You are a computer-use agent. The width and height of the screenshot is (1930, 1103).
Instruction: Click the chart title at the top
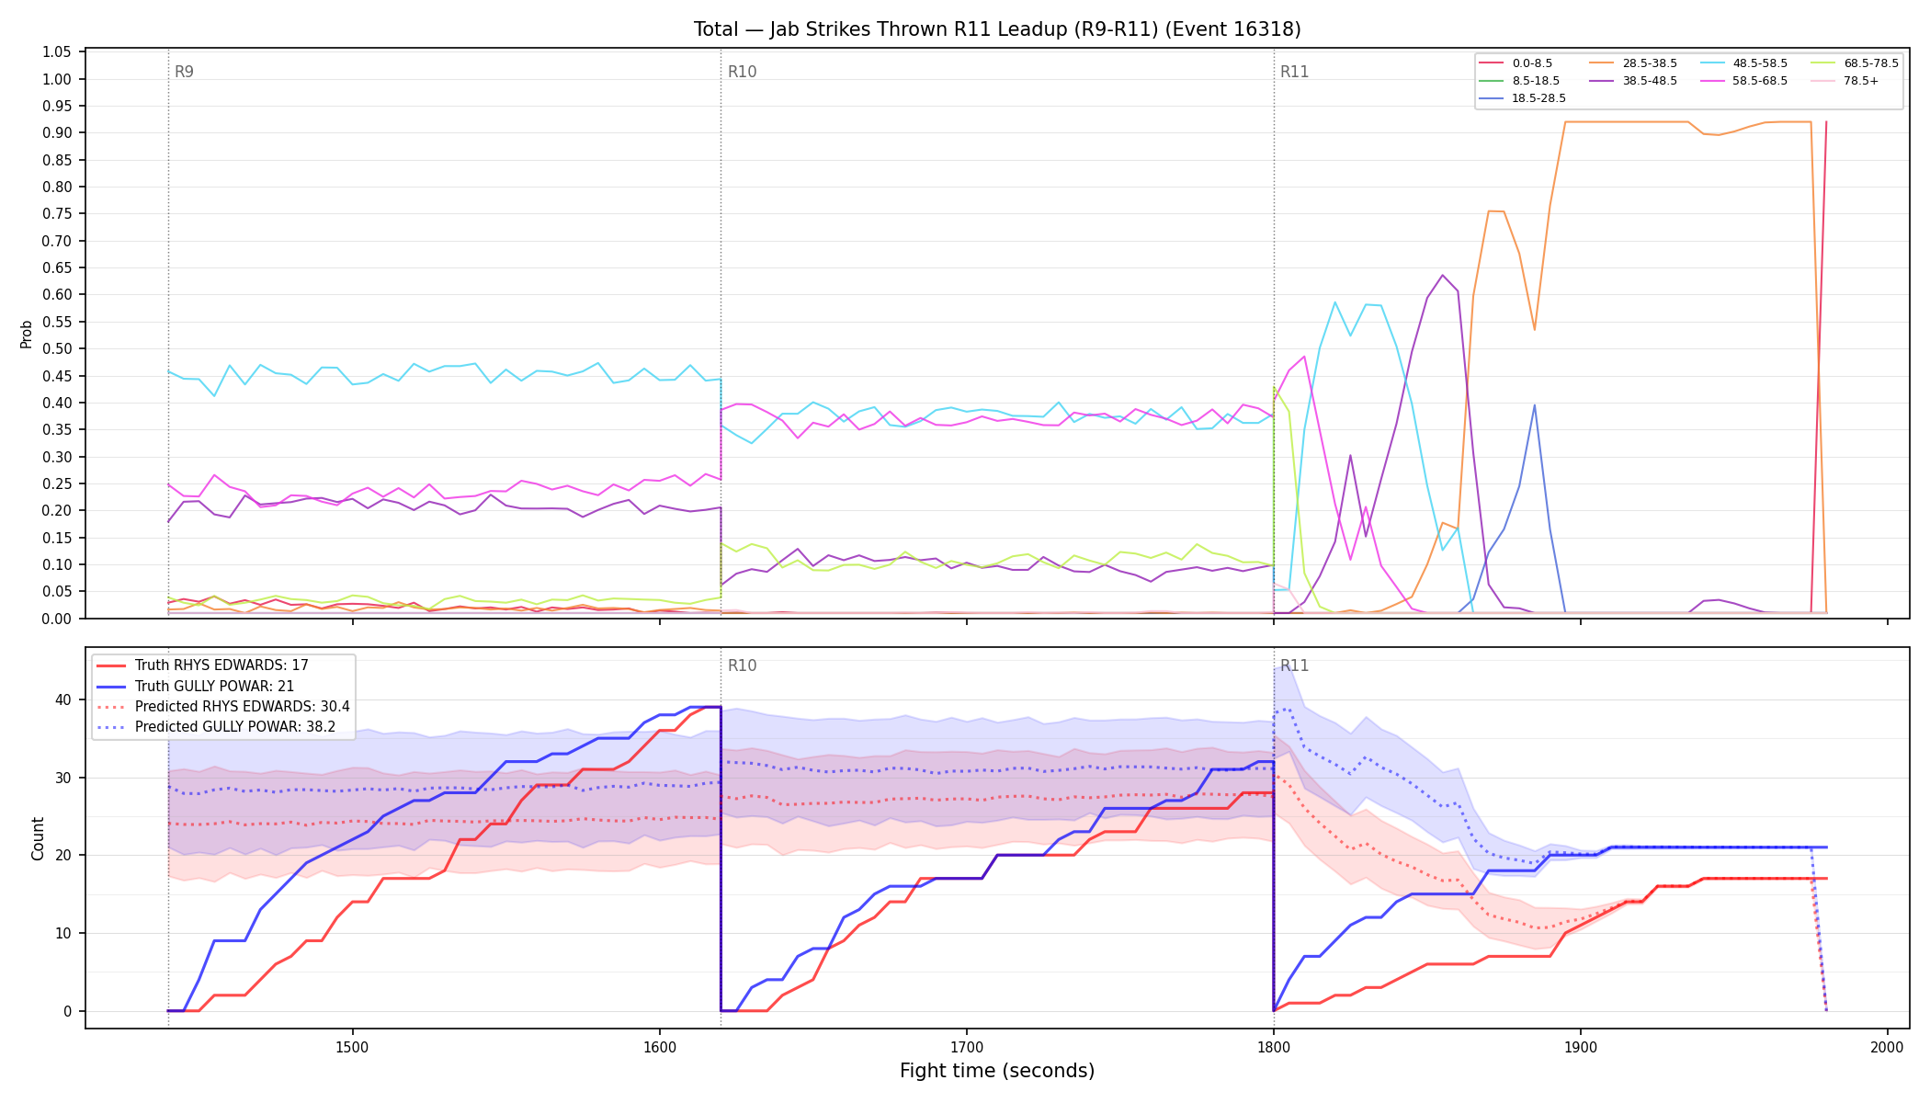click(x=997, y=29)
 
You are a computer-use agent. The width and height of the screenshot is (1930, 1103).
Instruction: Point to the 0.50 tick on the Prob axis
click(x=57, y=349)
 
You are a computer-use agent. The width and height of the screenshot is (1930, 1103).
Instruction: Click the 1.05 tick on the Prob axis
click(x=57, y=52)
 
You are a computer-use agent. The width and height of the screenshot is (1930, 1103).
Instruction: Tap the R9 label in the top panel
click(x=184, y=72)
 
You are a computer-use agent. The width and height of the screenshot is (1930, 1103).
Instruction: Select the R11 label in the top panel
click(x=1294, y=72)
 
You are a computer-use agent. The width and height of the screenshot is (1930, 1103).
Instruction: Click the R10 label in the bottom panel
click(x=742, y=665)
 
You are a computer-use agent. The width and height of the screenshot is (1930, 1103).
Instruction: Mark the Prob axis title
click(x=27, y=334)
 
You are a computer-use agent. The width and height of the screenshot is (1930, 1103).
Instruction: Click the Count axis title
click(x=38, y=838)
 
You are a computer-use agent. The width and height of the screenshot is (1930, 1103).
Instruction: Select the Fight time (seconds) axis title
click(x=997, y=1071)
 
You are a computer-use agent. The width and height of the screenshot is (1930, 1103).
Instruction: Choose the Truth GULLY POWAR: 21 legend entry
click(x=214, y=686)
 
